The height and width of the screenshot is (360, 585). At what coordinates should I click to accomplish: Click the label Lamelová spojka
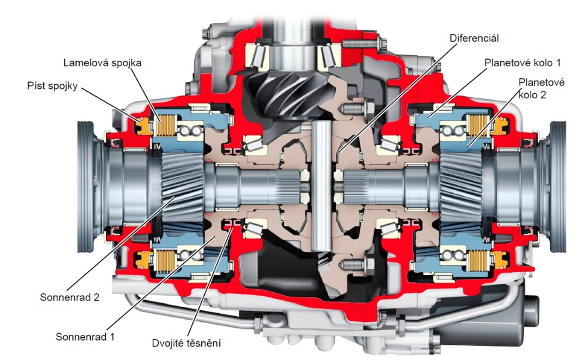coord(102,63)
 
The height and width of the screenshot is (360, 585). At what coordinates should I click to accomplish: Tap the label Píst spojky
coord(52,85)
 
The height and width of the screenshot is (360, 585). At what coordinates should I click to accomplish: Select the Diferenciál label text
coord(474,38)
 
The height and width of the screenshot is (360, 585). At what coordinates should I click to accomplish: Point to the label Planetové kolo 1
coord(522,63)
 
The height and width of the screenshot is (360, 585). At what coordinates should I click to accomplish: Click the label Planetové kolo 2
coord(541,88)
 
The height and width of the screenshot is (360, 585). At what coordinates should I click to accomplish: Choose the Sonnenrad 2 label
coord(70,297)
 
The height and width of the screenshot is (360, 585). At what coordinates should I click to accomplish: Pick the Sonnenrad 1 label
coord(85,337)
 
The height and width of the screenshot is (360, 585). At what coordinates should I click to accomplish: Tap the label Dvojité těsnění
coord(186,343)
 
